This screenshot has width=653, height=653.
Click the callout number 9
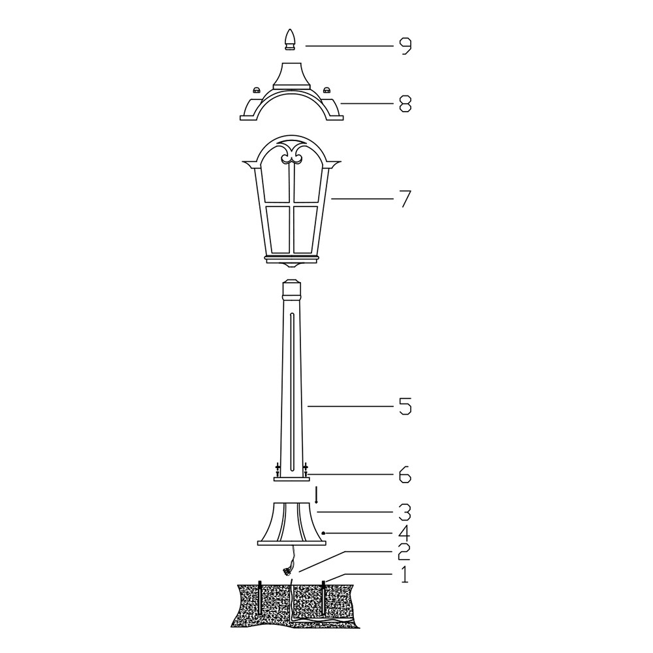coord(405,46)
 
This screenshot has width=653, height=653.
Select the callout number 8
coord(406,104)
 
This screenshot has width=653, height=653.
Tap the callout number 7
coord(405,199)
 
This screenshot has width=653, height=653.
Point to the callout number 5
coord(406,406)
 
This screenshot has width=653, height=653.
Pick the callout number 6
coord(406,475)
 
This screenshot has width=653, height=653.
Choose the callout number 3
coord(406,512)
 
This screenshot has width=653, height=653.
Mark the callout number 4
coord(405,534)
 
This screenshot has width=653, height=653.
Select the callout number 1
coord(404,575)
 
